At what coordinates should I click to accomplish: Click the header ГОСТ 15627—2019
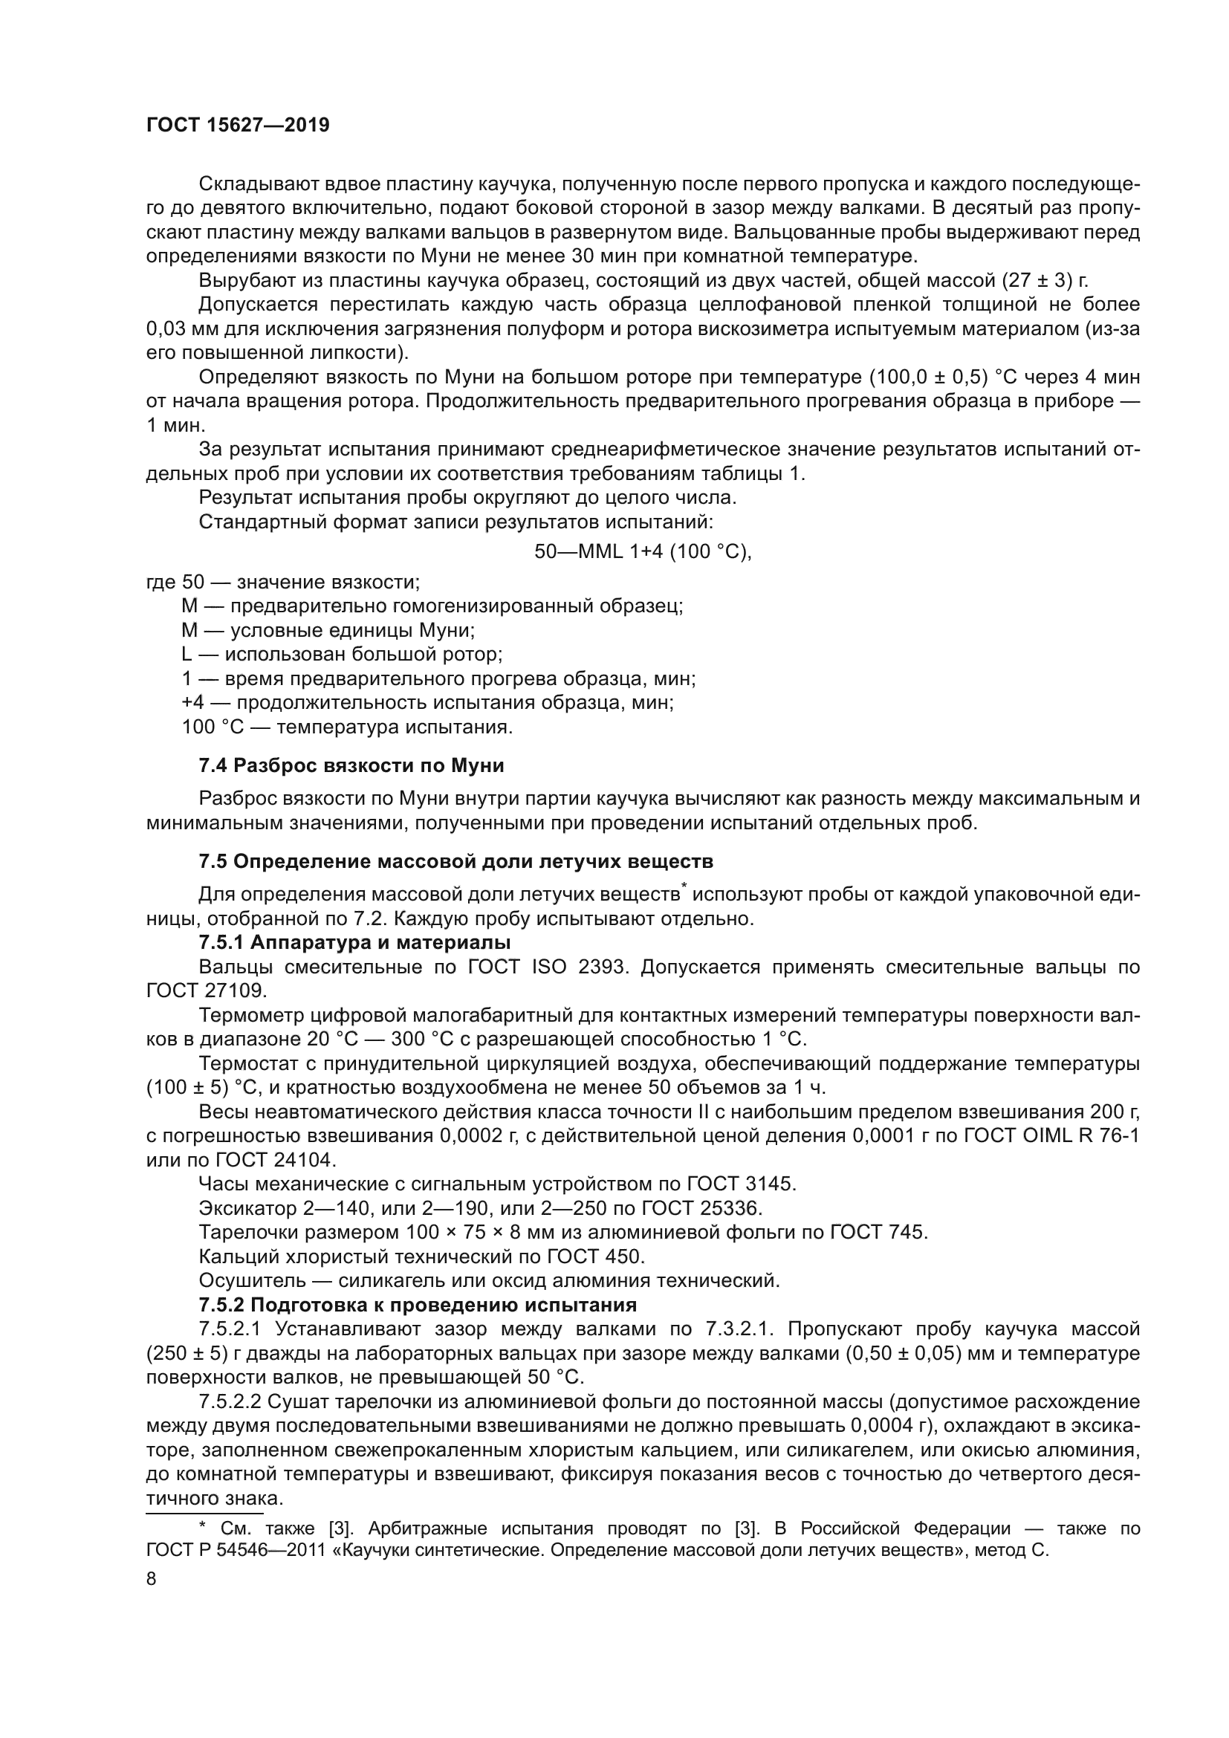coord(238,125)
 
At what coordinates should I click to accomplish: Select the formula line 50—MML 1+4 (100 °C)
coord(643,551)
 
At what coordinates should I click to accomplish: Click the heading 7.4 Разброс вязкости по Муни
coord(351,765)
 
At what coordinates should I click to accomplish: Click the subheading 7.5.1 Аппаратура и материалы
coord(354,942)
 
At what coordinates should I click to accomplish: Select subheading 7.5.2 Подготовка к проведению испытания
coord(418,1304)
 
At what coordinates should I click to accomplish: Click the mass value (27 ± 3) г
coord(1045,280)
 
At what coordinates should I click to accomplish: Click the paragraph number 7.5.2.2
coord(230,1401)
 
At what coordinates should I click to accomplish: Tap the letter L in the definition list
coord(187,654)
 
